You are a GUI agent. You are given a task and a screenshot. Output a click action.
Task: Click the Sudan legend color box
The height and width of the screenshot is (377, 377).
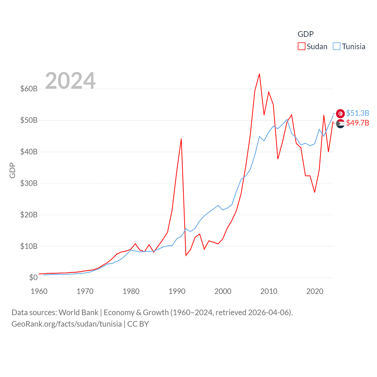coord(302,47)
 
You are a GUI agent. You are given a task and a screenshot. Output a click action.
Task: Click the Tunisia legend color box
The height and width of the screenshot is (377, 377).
coord(337,47)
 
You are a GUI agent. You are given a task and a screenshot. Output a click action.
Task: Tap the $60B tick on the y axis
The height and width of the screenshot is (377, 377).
coord(29,89)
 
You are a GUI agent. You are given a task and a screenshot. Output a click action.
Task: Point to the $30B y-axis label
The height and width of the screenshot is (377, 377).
coord(29,183)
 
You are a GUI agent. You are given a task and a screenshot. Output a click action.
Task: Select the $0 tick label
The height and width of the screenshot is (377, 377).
coord(33,277)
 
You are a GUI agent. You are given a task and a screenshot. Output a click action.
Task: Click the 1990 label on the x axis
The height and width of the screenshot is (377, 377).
coord(177,291)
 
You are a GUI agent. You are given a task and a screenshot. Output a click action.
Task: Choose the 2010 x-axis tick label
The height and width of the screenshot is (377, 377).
coord(269,291)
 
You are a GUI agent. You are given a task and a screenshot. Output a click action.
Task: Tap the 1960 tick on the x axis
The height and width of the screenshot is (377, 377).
coord(39,291)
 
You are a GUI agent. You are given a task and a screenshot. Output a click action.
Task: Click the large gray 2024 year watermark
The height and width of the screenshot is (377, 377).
coord(70,80)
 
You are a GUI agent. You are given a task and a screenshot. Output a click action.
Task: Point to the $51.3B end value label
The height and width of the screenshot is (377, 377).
coord(358,113)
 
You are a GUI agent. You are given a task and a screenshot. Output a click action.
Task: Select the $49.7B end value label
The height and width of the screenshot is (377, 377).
coord(358,123)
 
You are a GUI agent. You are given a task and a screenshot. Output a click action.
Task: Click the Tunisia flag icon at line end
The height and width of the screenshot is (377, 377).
coord(340,113)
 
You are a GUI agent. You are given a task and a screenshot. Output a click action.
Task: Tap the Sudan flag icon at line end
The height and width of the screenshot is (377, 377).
coord(340,124)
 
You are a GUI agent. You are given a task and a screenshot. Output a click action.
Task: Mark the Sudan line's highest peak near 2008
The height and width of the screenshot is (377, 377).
coord(259,74)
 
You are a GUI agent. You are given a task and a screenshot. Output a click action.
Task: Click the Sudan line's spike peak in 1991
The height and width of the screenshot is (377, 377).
coord(181,139)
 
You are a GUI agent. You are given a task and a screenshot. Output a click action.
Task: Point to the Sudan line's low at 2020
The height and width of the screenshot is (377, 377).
coord(315,192)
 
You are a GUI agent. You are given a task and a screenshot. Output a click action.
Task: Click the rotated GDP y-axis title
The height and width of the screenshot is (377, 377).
coord(12,170)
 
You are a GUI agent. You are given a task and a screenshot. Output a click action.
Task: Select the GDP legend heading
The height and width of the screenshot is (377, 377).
coord(305,34)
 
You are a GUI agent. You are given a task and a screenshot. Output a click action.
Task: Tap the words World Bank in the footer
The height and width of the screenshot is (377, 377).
coord(79,312)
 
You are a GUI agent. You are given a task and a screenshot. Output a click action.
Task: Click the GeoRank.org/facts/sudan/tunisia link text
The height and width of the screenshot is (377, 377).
coord(67,324)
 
